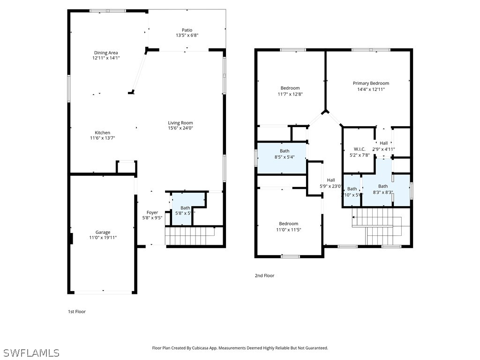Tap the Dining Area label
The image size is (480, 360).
click(x=106, y=53)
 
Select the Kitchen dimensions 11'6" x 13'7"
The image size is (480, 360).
click(x=103, y=138)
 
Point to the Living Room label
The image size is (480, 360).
click(x=180, y=123)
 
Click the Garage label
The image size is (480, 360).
click(x=103, y=232)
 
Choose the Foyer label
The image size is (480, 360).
click(x=152, y=212)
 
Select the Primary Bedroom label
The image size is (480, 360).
click(x=371, y=83)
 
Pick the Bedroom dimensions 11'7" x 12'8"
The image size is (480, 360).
click(x=290, y=94)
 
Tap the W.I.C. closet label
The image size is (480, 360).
click(x=360, y=149)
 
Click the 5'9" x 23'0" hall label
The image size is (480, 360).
click(x=331, y=186)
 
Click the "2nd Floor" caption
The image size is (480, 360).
click(x=264, y=276)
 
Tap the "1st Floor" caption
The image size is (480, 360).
click(x=77, y=311)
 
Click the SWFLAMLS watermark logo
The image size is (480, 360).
click(x=31, y=352)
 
